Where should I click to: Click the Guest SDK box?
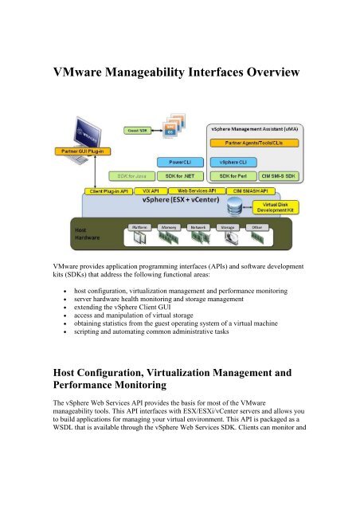point(134,129)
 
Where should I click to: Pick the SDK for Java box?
point(128,175)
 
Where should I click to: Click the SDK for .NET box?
point(177,175)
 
